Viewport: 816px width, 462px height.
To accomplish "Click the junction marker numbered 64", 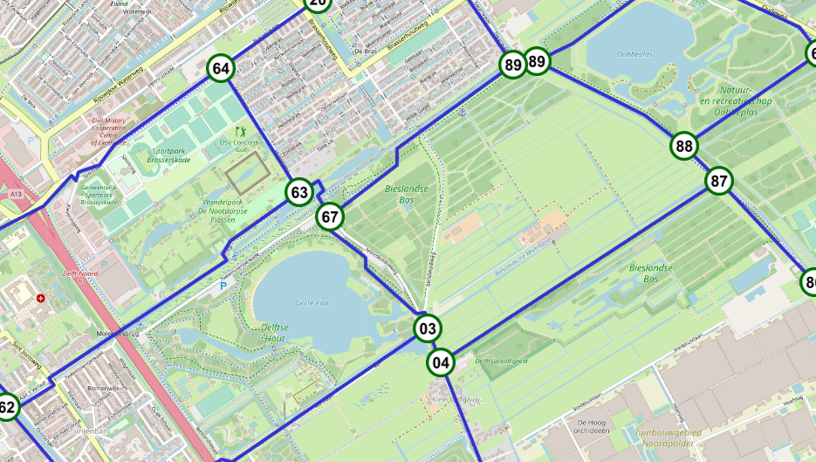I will click(x=221, y=68).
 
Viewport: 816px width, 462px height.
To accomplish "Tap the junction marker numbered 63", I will click(x=299, y=192).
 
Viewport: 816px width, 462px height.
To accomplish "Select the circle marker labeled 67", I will click(x=329, y=217).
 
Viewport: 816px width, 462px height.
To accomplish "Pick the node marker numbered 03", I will click(x=427, y=329).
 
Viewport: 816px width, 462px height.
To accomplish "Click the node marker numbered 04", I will click(x=441, y=362).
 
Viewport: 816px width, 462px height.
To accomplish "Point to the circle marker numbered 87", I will click(x=719, y=182).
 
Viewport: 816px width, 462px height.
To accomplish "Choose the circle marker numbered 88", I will click(x=684, y=146).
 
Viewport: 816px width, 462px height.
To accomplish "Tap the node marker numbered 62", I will click(x=6, y=407).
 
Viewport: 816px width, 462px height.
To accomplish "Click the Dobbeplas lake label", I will click(x=634, y=54).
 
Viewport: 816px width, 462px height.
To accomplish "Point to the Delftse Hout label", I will click(x=280, y=333).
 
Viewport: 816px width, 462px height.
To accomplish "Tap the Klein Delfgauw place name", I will click(x=457, y=399).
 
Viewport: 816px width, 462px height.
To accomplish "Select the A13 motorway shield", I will click(x=16, y=193).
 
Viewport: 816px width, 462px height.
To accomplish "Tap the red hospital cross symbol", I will click(x=40, y=299).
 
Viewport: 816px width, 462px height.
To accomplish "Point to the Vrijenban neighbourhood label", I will click(x=91, y=431).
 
